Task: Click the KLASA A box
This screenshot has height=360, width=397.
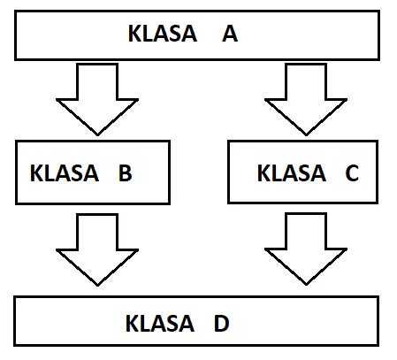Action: tap(197, 35)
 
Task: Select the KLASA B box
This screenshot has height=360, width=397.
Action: tap(93, 172)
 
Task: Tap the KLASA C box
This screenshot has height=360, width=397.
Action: tap(302, 172)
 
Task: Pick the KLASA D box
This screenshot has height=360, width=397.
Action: tap(196, 321)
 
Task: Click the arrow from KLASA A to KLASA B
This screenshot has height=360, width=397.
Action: tap(97, 99)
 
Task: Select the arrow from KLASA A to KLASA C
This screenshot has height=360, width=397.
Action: tap(306, 99)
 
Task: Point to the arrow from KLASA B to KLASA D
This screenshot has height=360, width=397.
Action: tap(97, 249)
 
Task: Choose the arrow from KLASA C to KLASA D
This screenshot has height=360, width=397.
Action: tap(306, 249)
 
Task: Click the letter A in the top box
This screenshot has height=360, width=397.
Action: tap(230, 34)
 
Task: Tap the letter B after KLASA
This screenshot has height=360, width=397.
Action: tap(126, 172)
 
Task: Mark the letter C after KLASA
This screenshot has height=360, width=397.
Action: tap(352, 172)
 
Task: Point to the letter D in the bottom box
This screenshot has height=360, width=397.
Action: tap(222, 324)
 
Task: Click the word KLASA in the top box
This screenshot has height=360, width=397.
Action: tap(163, 34)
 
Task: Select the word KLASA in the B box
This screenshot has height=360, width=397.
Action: tap(65, 172)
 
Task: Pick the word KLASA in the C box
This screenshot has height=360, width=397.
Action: tap(292, 172)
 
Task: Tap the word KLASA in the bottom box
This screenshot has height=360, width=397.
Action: tap(160, 324)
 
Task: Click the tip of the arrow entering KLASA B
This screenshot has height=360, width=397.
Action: tap(97, 135)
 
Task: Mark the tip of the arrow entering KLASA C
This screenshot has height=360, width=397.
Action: tap(306, 135)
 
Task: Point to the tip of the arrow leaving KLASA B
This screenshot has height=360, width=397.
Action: tap(97, 286)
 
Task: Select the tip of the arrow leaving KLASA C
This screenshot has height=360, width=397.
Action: tap(306, 285)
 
